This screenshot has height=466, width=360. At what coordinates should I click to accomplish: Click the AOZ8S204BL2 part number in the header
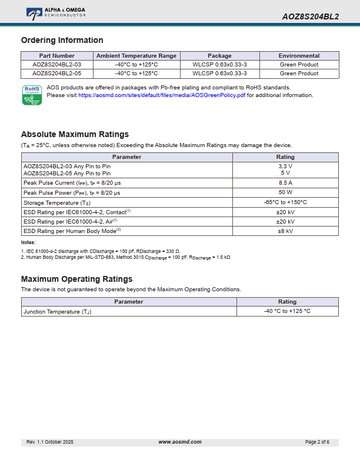310,16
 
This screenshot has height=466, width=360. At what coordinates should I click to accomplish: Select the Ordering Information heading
62,40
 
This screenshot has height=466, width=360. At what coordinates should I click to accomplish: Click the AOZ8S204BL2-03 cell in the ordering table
56,65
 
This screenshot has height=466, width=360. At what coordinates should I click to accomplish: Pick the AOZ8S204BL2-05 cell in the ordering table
56,74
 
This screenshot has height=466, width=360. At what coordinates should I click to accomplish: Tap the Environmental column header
299,56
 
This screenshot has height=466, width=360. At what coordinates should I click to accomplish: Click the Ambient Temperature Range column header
136,56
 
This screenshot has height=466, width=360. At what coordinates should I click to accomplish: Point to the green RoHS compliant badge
32,95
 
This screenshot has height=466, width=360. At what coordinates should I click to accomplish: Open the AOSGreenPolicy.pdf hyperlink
162,95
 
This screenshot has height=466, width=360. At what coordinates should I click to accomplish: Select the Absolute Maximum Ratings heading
75,134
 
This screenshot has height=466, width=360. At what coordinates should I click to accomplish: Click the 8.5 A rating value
285,183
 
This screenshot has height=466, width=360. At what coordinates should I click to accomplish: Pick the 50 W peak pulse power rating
285,192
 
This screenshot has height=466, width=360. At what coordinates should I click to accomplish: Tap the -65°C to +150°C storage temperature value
285,202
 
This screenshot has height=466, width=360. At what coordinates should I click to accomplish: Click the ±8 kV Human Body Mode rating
285,231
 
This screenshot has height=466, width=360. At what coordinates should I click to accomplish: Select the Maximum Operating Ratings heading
76,279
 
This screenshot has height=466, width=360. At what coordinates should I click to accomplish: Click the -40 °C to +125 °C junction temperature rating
287,311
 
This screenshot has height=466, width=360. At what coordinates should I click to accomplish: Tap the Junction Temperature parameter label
57,311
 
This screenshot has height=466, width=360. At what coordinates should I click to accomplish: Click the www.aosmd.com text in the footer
180,442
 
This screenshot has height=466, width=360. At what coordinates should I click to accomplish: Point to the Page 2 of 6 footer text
317,442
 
